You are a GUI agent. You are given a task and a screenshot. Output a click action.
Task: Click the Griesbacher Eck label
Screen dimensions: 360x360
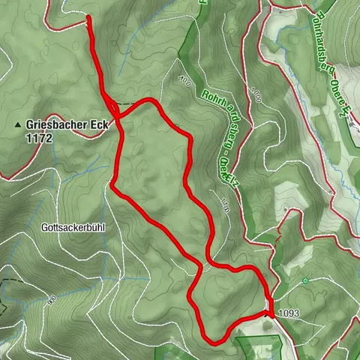[66, 126]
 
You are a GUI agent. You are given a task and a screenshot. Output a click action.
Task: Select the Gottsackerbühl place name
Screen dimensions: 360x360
[73, 226]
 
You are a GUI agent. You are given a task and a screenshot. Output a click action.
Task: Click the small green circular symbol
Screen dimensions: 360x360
[305, 281]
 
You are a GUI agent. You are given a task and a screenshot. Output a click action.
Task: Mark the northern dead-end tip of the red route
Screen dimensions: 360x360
[89, 18]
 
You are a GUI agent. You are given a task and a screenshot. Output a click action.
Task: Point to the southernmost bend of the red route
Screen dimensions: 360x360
[213, 342]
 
